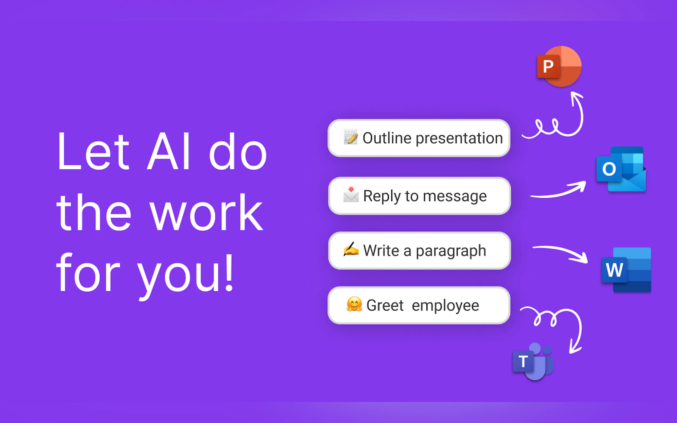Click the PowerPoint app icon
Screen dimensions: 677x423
pyautogui.click(x=559, y=66)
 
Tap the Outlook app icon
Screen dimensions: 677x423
pyautogui.click(x=621, y=169)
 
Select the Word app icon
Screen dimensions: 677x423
pyautogui.click(x=626, y=270)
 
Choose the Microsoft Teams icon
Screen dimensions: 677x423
pyautogui.click(x=533, y=361)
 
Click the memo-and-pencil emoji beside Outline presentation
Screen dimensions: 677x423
pyautogui.click(x=351, y=137)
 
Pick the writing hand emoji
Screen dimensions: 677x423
pyautogui.click(x=351, y=249)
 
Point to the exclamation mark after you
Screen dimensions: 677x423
pyautogui.click(x=229, y=272)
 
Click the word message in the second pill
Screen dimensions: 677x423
pyautogui.click(x=455, y=196)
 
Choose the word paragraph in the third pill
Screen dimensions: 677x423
pyautogui.click(x=451, y=251)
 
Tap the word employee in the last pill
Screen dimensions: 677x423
pyautogui.click(x=446, y=306)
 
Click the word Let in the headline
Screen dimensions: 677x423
pyautogui.click(x=94, y=151)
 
